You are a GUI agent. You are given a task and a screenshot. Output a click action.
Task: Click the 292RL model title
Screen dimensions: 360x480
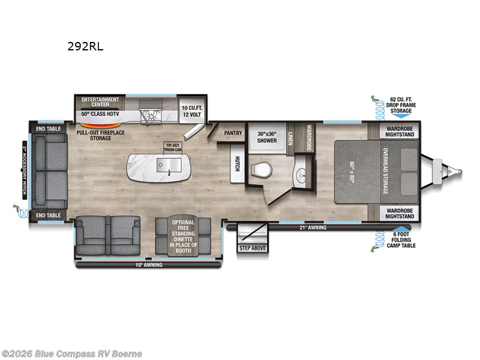pos(86,46)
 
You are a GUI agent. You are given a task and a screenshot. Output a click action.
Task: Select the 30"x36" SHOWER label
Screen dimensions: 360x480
pos(267,137)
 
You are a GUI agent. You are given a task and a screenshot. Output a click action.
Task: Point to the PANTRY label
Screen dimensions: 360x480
pos(232,133)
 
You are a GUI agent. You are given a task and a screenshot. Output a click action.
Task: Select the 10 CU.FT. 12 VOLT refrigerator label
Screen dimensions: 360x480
pos(192,110)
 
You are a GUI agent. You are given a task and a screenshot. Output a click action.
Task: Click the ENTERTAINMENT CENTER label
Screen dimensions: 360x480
pos(100,101)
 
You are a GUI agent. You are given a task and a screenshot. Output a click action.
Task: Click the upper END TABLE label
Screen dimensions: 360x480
pos(48,128)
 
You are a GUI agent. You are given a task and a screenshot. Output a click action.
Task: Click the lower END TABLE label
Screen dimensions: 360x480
pos(48,214)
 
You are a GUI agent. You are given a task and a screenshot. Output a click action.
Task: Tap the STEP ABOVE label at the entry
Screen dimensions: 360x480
pos(253,247)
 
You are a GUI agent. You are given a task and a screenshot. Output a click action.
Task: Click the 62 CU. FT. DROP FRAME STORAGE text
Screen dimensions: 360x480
pos(401,106)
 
